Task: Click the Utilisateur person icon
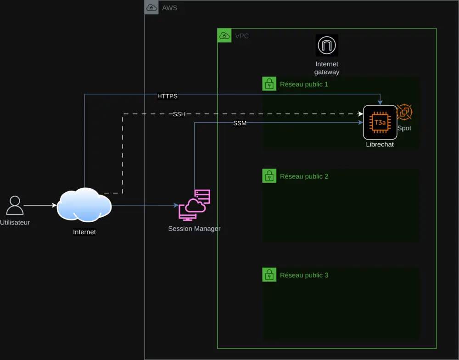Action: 15,205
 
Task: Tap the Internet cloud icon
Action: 84,205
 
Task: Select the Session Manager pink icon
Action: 194,205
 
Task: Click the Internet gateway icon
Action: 327,45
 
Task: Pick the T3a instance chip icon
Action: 380,122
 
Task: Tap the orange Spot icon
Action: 404,112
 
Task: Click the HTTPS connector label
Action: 167,96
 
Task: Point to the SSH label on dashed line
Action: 179,114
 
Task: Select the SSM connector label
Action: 240,123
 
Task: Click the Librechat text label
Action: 380,144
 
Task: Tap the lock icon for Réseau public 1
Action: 269,84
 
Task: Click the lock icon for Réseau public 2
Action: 269,176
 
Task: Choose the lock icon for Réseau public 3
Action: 269,275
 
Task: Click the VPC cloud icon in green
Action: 224,35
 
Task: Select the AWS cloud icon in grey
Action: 151,7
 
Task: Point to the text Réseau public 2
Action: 304,176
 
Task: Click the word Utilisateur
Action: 15,222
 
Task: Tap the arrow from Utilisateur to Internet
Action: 40,205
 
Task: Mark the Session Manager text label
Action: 194,228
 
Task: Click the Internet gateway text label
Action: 327,68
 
